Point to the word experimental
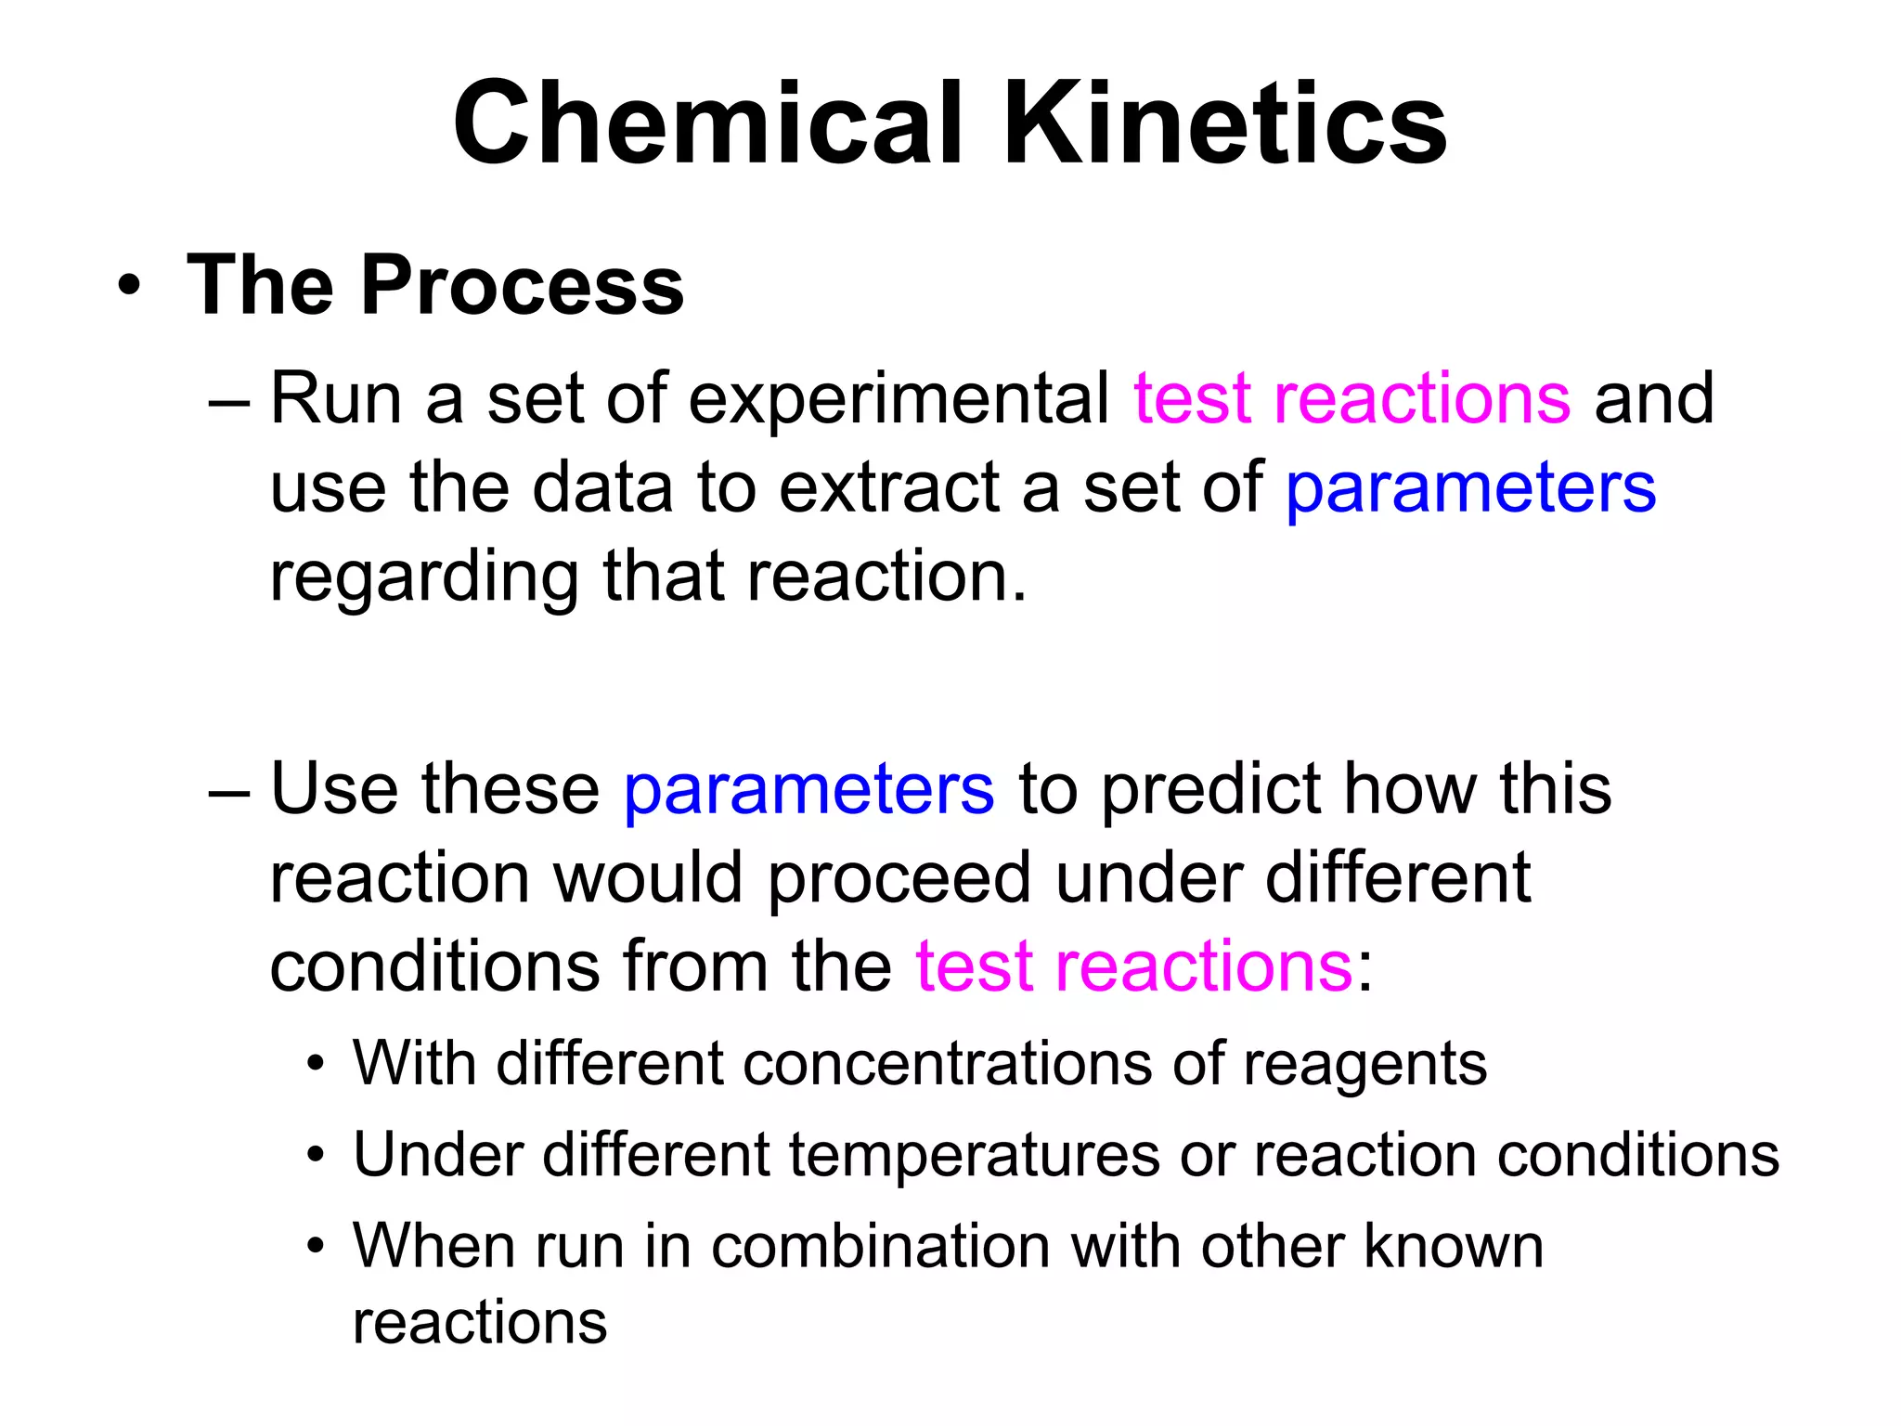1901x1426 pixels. [899, 399]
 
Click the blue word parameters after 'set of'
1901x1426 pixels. [1470, 488]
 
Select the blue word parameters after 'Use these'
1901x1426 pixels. [808, 789]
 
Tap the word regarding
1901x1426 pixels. [423, 578]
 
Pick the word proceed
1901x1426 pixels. [899, 878]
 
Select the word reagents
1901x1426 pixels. [1364, 1065]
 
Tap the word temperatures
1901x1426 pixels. [974, 1156]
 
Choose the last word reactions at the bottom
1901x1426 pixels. [480, 1323]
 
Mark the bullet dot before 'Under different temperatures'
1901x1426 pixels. [317, 1156]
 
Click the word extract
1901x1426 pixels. [888, 488]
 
